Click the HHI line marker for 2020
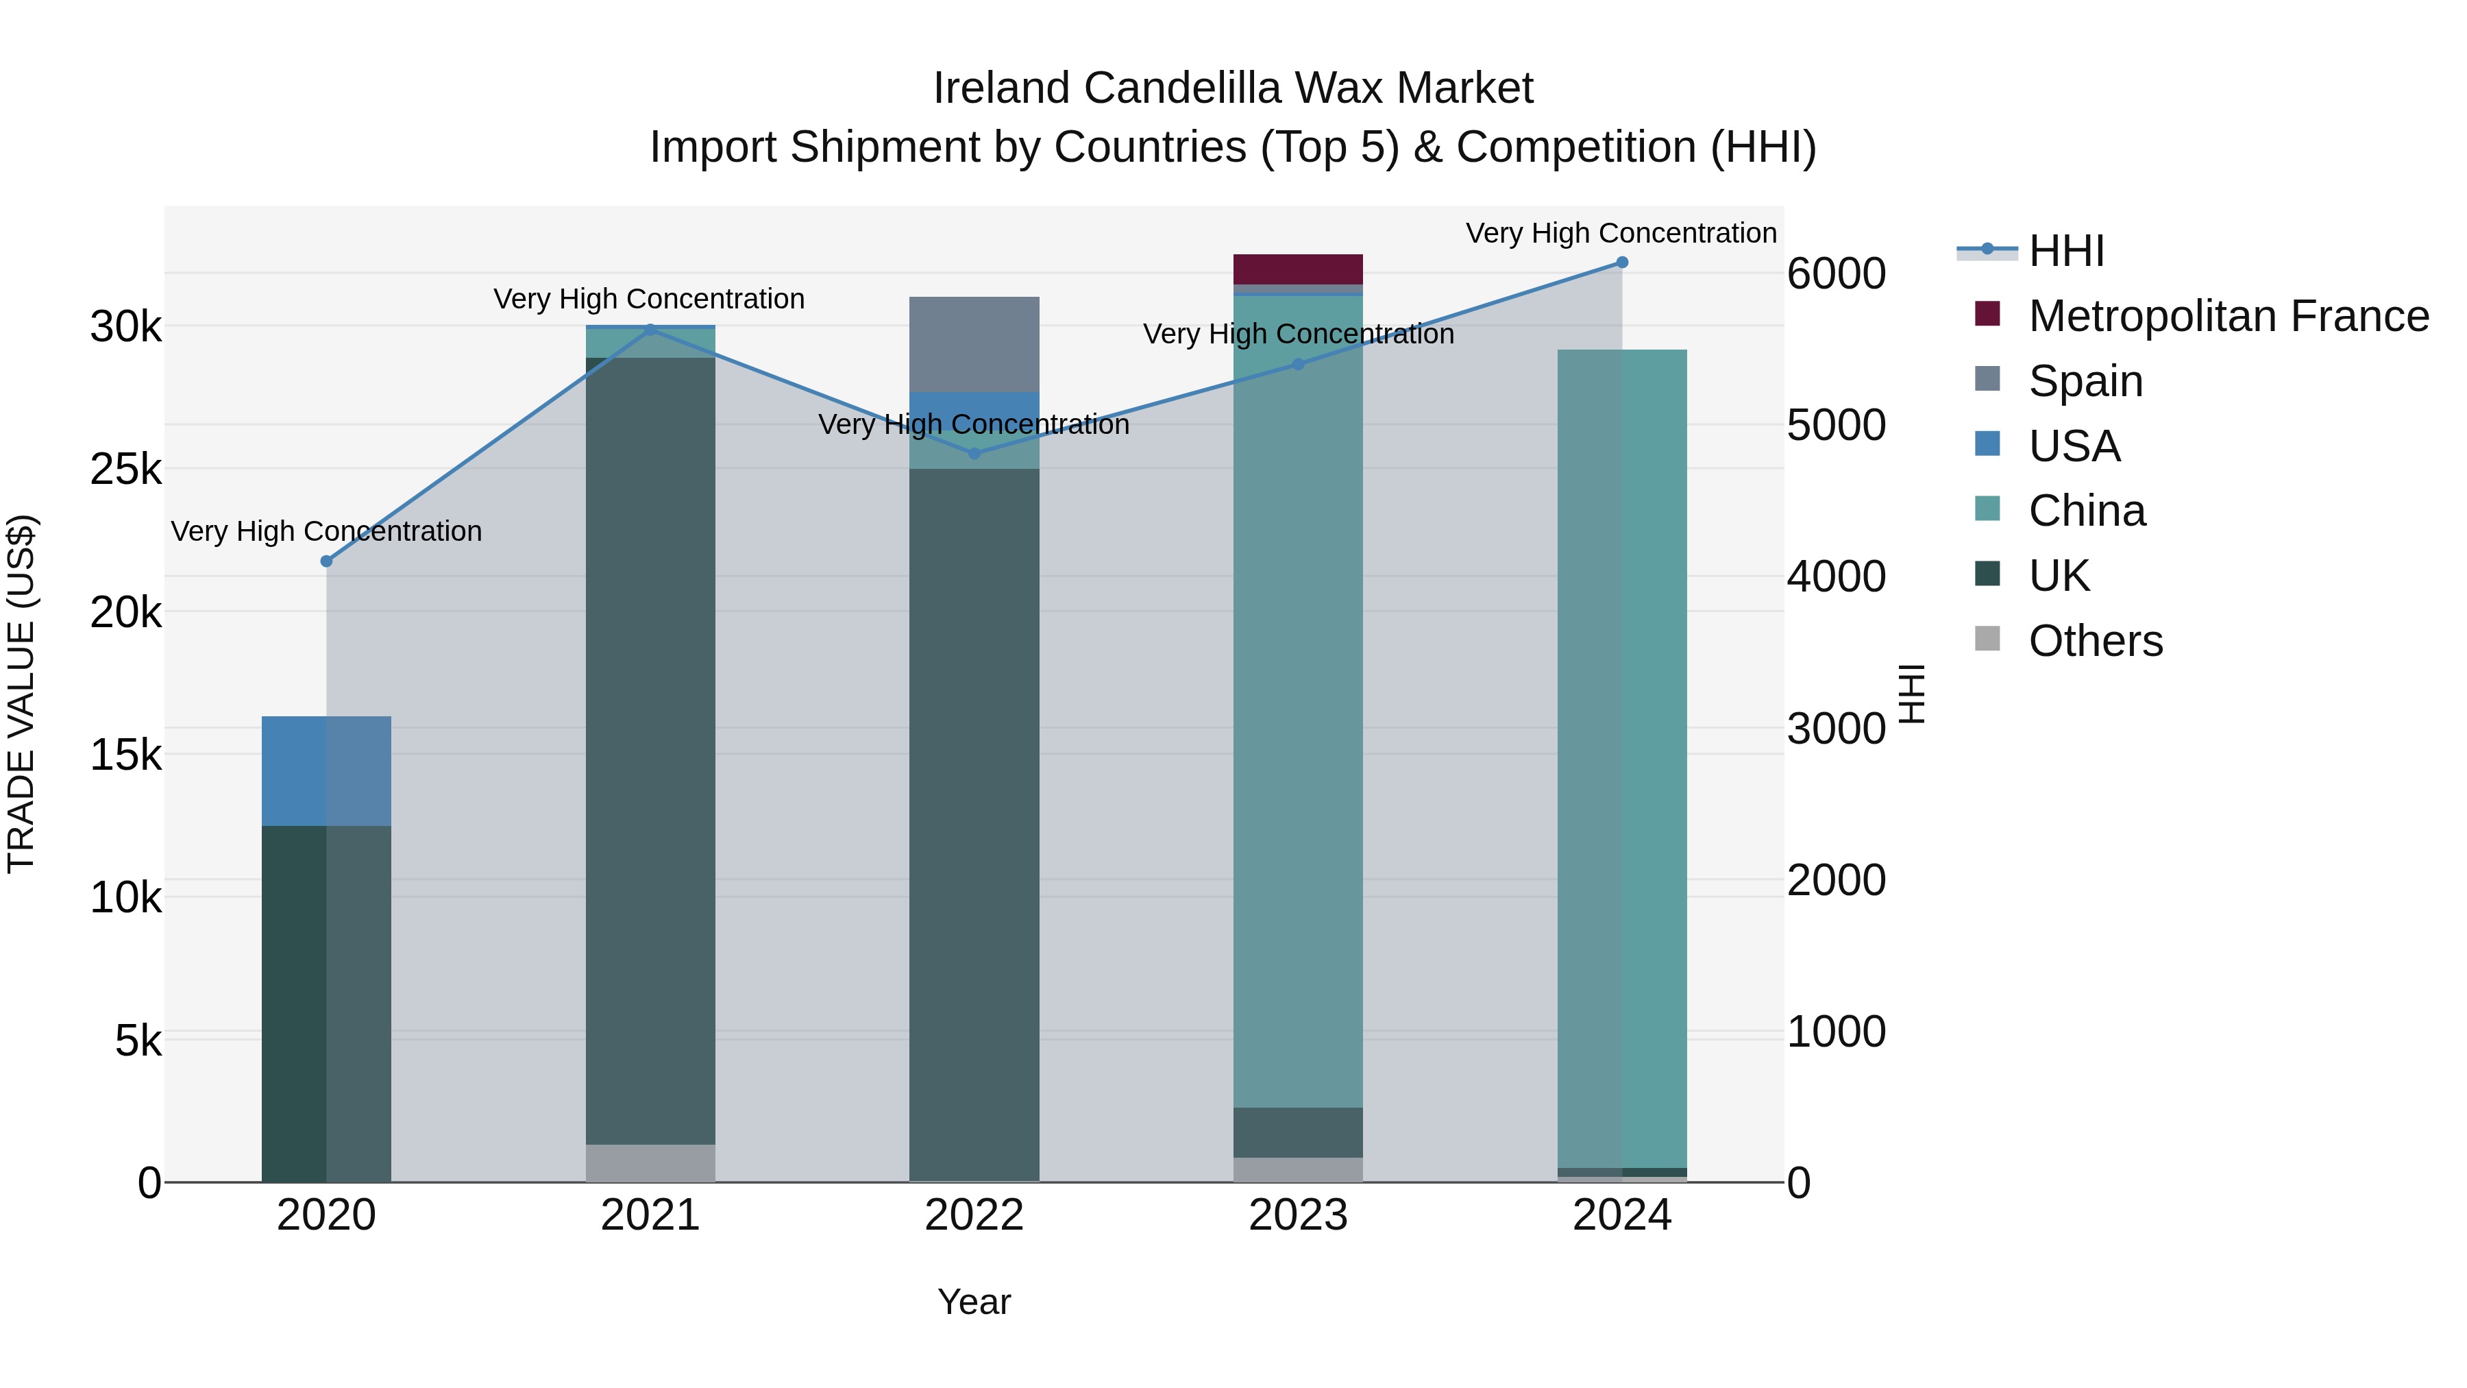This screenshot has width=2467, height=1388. (327, 561)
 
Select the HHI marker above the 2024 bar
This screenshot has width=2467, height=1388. (1622, 263)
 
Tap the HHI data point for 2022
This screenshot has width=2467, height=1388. (975, 454)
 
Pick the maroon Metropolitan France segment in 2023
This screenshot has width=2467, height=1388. (1298, 269)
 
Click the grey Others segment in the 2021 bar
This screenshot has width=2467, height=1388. (650, 1163)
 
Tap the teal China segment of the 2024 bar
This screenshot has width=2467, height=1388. (1622, 757)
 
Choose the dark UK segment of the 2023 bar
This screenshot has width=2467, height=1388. (1298, 1132)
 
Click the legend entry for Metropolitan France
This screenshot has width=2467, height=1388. (2229, 316)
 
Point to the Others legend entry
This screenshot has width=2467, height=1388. (2096, 641)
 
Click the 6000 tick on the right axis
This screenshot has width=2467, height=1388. (1836, 274)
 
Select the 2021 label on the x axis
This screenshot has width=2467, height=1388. (650, 1215)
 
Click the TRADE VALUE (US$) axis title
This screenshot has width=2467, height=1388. (21, 694)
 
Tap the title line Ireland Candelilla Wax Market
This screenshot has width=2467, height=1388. (1233, 88)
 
